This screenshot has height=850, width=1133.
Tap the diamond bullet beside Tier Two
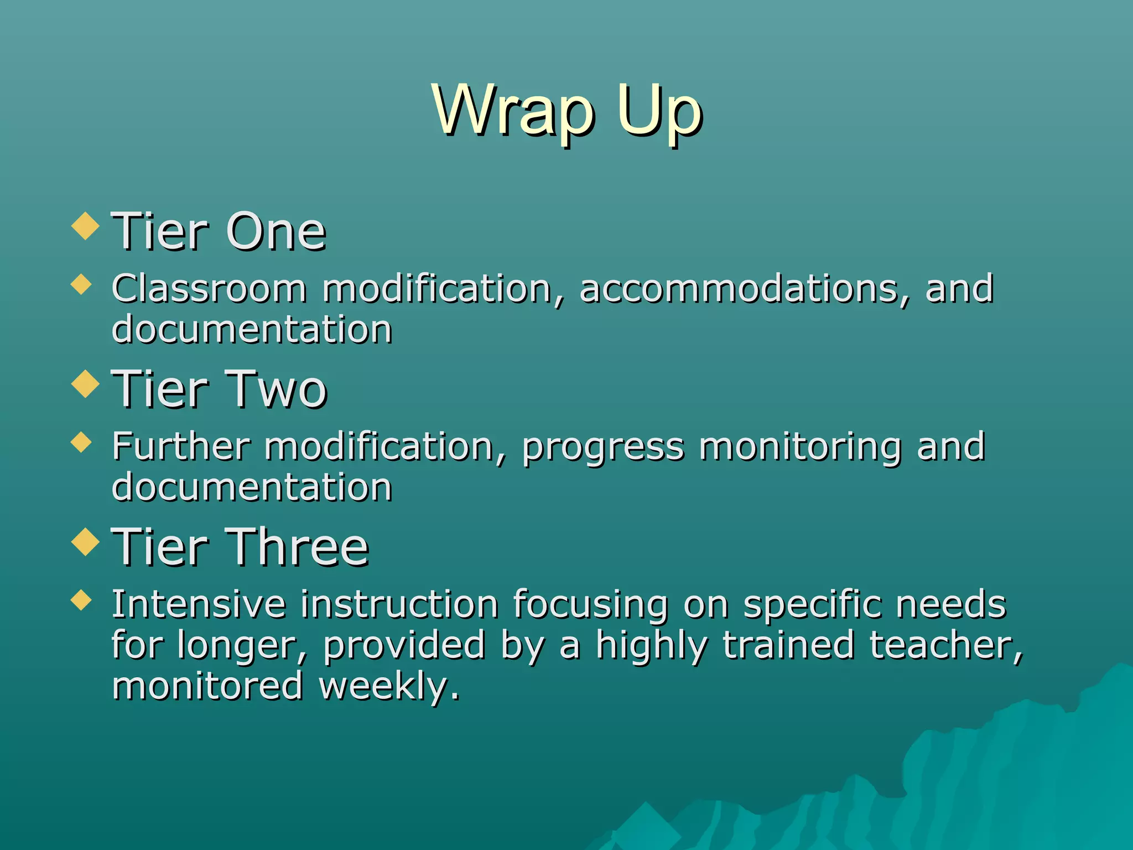pyautogui.click(x=85, y=383)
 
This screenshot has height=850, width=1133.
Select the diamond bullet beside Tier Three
pyautogui.click(x=85, y=541)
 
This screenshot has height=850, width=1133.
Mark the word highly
pyautogui.click(x=651, y=646)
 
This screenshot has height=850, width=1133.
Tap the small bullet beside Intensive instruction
pyautogui.click(x=81, y=600)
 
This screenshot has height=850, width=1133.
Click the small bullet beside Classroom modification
pyautogui.click(x=81, y=285)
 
